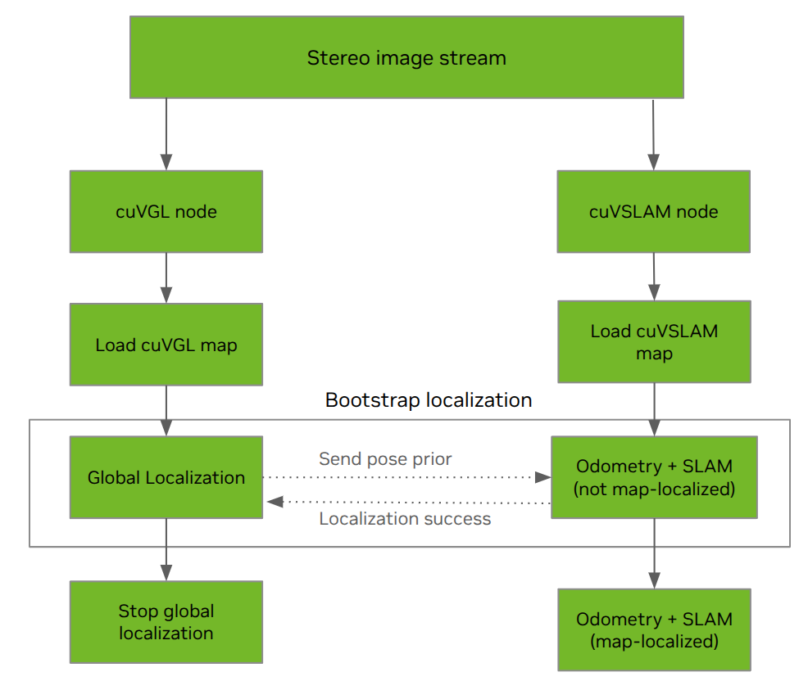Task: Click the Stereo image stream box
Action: click(x=406, y=58)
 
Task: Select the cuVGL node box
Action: click(x=166, y=211)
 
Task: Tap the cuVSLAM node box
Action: click(x=653, y=211)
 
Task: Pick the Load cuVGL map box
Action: click(x=166, y=345)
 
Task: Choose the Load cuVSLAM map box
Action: click(x=653, y=342)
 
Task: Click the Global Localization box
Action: click(x=166, y=477)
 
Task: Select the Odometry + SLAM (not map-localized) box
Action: click(x=653, y=477)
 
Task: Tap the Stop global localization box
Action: click(x=166, y=622)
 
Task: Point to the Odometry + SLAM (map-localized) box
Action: click(x=653, y=630)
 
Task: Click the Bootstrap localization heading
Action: click(x=429, y=400)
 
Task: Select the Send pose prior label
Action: click(x=385, y=458)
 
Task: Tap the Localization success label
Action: click(x=405, y=519)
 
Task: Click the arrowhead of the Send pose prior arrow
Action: click(x=542, y=476)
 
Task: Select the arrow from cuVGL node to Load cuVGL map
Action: click(x=166, y=278)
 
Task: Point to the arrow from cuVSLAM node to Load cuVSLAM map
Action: click(x=653, y=277)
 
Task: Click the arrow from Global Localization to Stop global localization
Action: click(x=166, y=549)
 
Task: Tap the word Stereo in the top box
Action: click(x=329, y=58)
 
